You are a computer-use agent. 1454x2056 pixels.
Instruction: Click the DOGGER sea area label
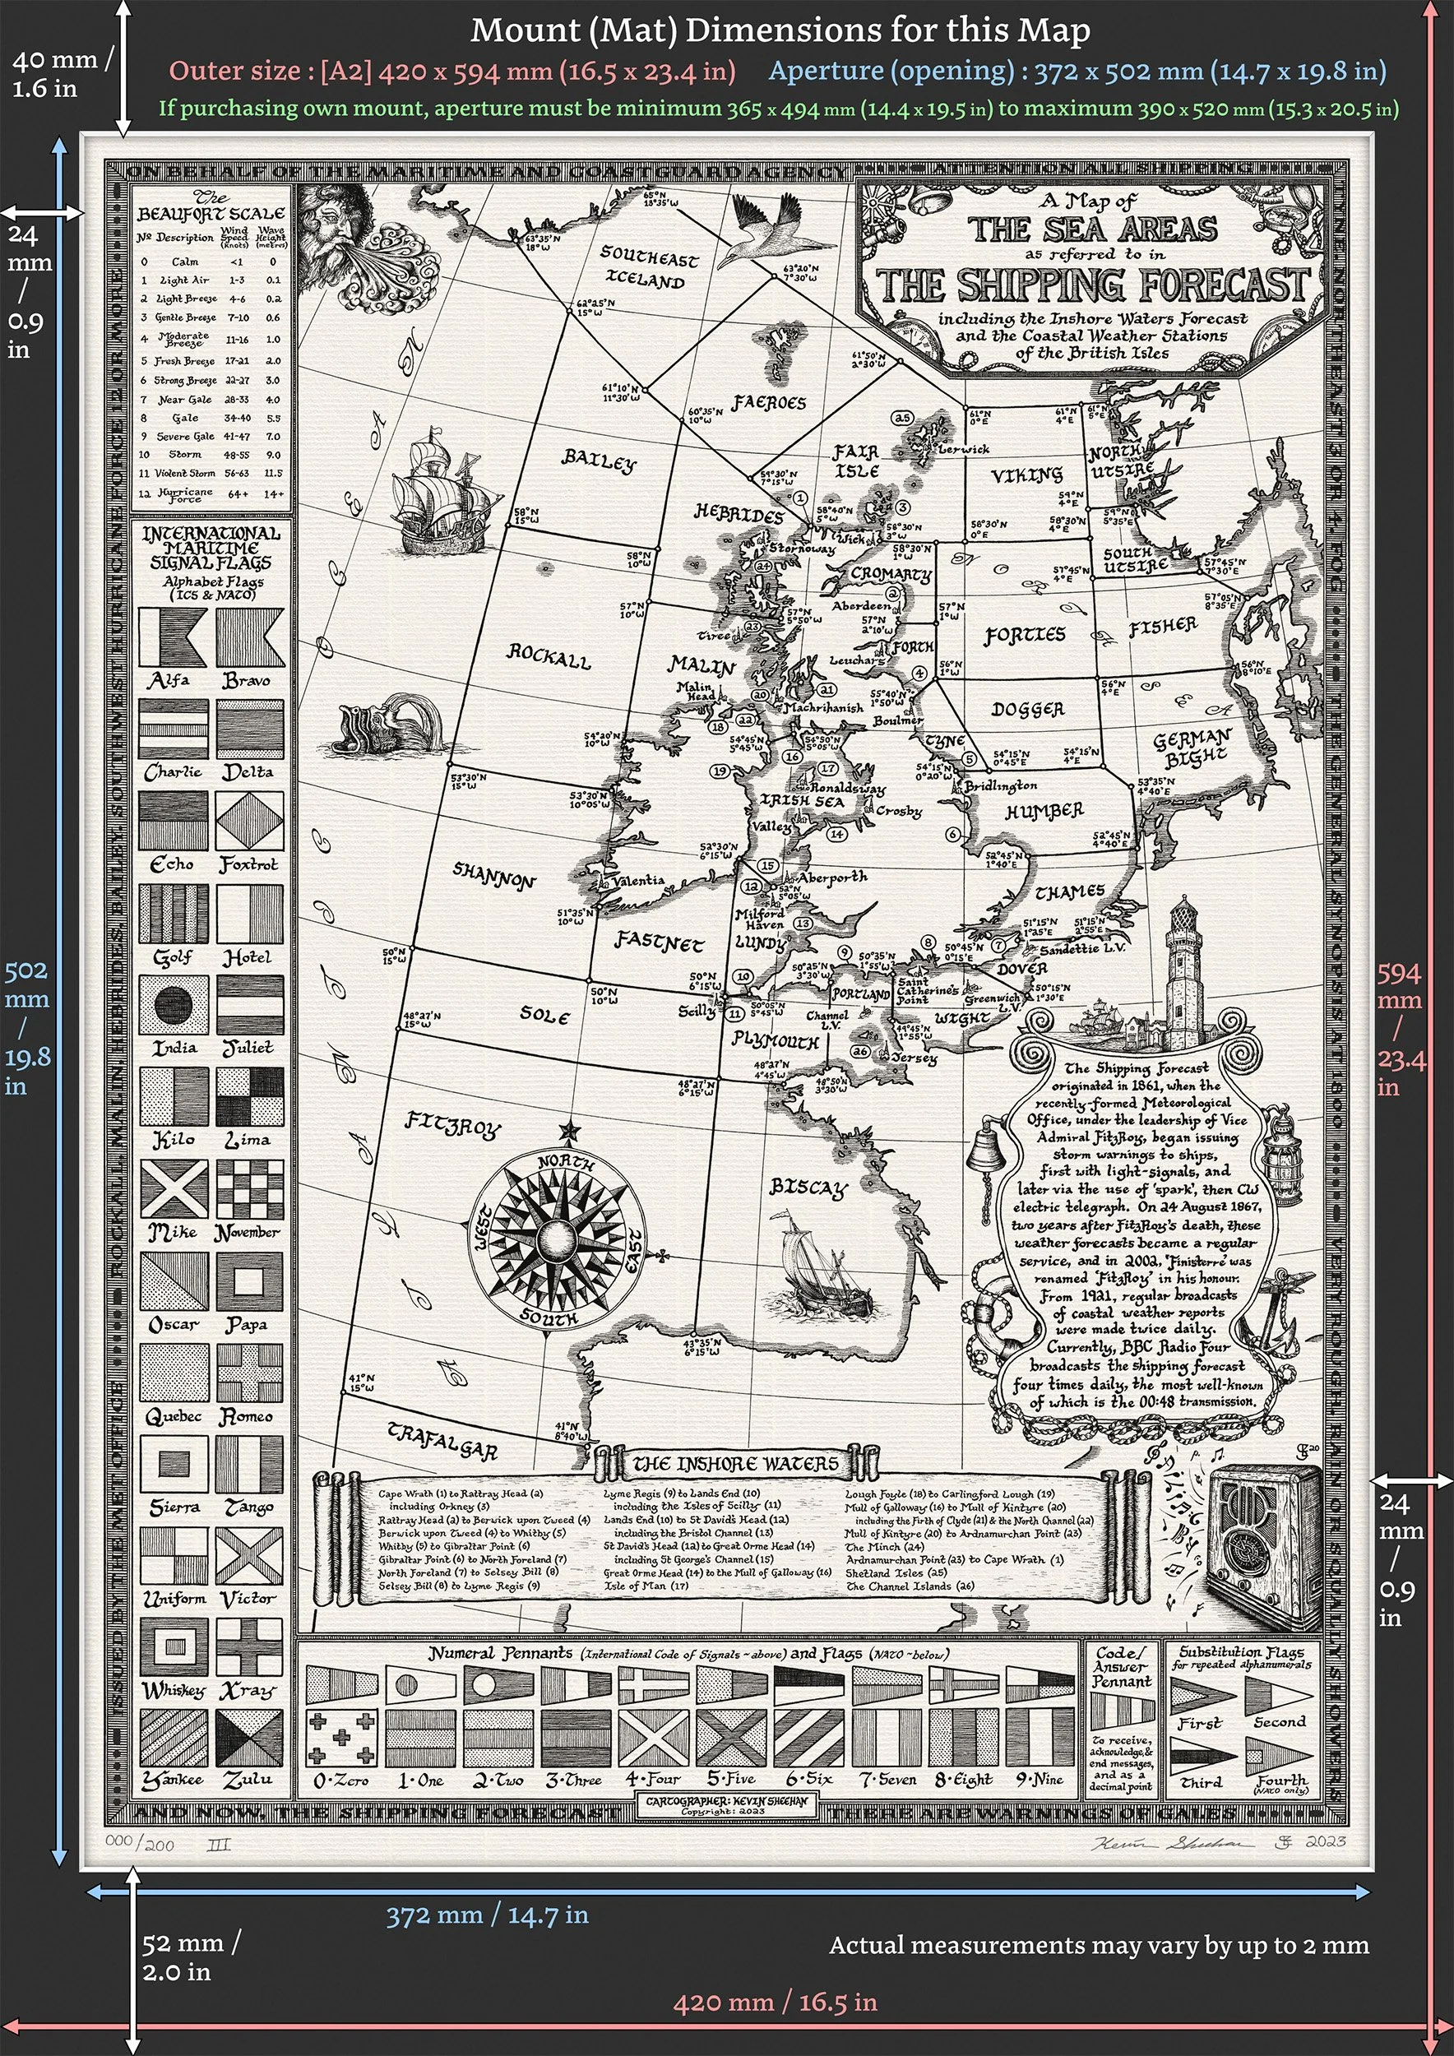click(x=1027, y=709)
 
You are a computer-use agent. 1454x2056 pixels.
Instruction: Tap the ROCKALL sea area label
click(x=549, y=656)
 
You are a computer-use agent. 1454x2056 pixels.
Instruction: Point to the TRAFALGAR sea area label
click(x=442, y=1439)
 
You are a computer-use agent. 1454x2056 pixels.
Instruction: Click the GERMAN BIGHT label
click(x=1192, y=748)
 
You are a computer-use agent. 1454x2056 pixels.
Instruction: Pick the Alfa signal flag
click(x=173, y=637)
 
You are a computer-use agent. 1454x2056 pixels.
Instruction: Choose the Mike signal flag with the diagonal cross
click(x=174, y=1188)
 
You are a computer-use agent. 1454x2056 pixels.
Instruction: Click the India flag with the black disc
click(x=174, y=1005)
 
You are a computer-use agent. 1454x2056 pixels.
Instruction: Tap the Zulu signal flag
click(x=249, y=1738)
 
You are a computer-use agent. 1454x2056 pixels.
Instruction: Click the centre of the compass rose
click(x=555, y=1240)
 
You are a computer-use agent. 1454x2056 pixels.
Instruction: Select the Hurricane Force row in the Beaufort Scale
click(x=211, y=494)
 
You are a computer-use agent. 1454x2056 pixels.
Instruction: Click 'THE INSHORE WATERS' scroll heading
click(x=735, y=1463)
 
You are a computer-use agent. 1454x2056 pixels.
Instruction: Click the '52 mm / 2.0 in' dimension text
click(x=191, y=1956)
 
